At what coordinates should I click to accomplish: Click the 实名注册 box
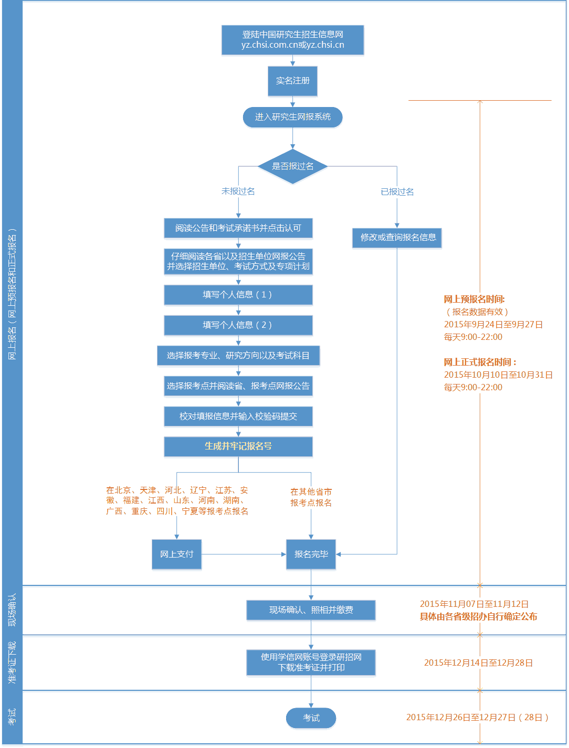click(292, 81)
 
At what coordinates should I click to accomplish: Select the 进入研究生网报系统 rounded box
click(292, 117)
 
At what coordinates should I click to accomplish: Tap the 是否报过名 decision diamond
click(292, 166)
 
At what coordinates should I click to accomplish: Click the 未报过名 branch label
click(238, 191)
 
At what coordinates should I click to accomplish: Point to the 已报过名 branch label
click(397, 192)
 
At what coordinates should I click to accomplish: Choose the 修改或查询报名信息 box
click(397, 238)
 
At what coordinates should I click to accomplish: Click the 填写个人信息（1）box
click(238, 295)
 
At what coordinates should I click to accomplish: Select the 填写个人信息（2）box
click(238, 325)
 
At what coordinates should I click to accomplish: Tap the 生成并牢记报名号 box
click(238, 446)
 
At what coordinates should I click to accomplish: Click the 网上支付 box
click(176, 554)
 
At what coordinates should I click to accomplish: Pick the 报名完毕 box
click(311, 554)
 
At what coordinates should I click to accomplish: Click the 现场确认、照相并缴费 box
click(311, 610)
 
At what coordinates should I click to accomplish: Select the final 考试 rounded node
click(311, 718)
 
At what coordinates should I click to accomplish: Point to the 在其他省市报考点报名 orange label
click(311, 497)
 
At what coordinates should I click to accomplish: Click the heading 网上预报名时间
click(474, 300)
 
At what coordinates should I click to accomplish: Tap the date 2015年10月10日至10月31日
click(498, 375)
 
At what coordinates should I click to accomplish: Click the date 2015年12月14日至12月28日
click(478, 663)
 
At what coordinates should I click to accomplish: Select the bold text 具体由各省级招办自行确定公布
click(478, 617)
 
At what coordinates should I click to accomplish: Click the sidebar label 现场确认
click(12, 610)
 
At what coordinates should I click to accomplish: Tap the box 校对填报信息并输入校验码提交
click(238, 416)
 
